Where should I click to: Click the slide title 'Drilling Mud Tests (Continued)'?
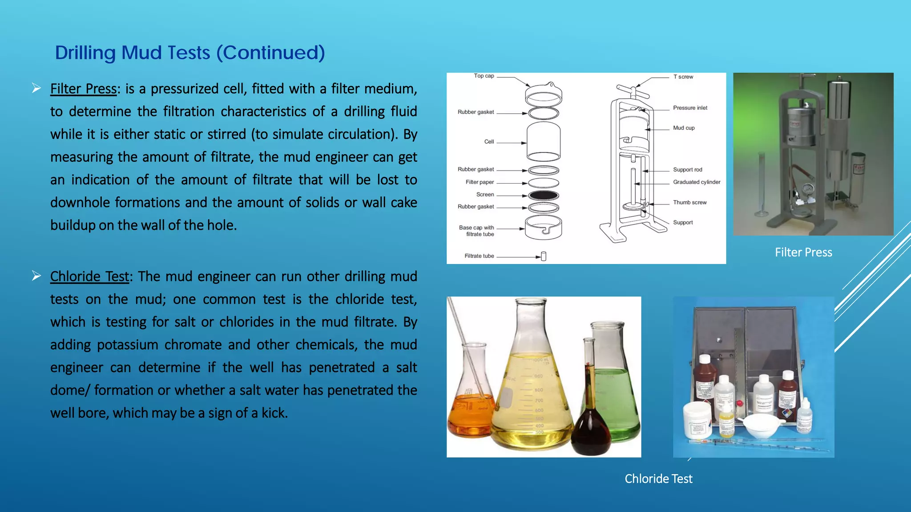point(190,52)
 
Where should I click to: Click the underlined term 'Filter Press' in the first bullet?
point(83,89)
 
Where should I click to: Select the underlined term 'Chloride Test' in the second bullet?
point(89,276)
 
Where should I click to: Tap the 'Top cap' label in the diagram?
point(484,76)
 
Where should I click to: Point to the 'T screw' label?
point(683,77)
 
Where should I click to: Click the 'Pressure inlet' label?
point(690,108)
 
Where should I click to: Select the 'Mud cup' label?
point(684,128)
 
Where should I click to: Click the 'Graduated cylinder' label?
point(697,182)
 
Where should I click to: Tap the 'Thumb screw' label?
point(689,203)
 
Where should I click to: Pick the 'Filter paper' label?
point(480,182)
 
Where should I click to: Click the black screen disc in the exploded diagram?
point(544,196)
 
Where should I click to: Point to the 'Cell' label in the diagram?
point(489,142)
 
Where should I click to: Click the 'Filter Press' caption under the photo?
point(803,252)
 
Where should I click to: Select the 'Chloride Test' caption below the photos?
point(658,479)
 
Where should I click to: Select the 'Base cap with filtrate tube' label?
point(476,231)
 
